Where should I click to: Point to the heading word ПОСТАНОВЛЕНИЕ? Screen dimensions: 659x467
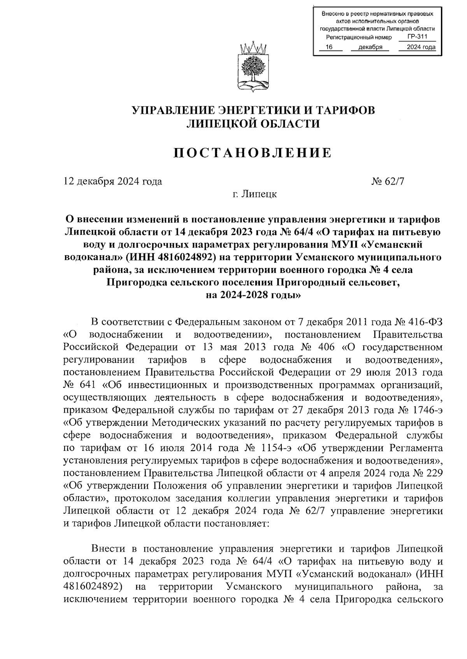pyautogui.click(x=253, y=153)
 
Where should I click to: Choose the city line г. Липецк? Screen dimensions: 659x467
pyautogui.click(x=253, y=194)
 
